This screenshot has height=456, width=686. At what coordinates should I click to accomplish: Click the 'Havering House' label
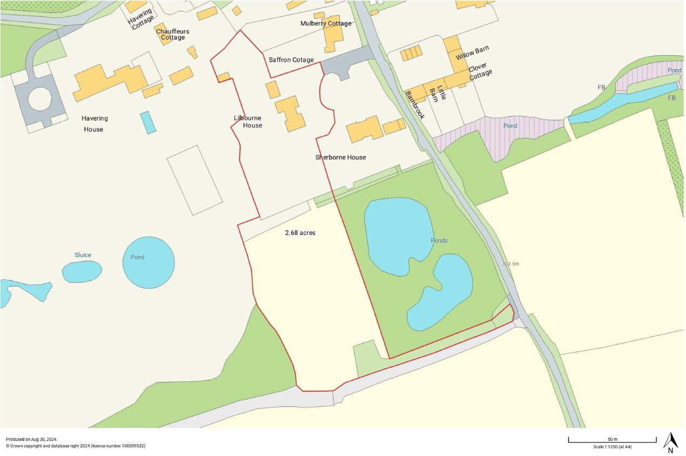click(x=93, y=124)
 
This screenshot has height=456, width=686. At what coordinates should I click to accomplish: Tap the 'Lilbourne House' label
click(x=248, y=122)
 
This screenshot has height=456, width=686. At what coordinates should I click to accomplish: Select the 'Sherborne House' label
click(x=341, y=157)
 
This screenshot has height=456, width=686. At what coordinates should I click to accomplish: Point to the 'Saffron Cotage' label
click(x=291, y=60)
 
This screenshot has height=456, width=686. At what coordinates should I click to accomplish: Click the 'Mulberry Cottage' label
click(x=326, y=23)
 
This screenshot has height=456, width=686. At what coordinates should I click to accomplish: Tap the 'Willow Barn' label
click(x=472, y=52)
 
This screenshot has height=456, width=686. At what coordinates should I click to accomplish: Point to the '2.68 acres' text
click(x=300, y=233)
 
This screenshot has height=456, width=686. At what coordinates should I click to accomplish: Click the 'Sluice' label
click(x=83, y=255)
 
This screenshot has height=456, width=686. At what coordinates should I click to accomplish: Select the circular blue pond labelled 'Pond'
click(x=148, y=263)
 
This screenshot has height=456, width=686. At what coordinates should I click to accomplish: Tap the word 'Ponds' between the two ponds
click(x=439, y=240)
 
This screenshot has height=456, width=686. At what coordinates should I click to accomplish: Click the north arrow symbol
click(x=670, y=442)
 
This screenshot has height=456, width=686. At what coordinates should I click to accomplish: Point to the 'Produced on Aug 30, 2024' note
click(x=32, y=439)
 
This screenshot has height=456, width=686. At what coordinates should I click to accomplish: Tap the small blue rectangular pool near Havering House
click(x=148, y=122)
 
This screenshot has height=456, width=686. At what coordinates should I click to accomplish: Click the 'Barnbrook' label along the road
click(x=415, y=105)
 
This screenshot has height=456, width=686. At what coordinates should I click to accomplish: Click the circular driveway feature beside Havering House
click(x=39, y=99)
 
